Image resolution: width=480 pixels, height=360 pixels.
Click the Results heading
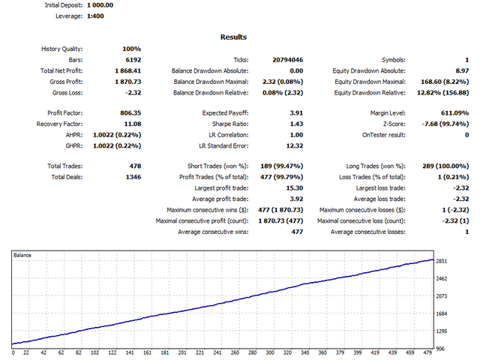coord(233,37)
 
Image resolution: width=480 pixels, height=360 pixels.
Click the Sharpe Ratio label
coord(229,123)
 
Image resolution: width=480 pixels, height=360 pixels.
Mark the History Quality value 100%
coord(132,49)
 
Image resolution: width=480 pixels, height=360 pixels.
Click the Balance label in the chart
coord(23,256)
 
